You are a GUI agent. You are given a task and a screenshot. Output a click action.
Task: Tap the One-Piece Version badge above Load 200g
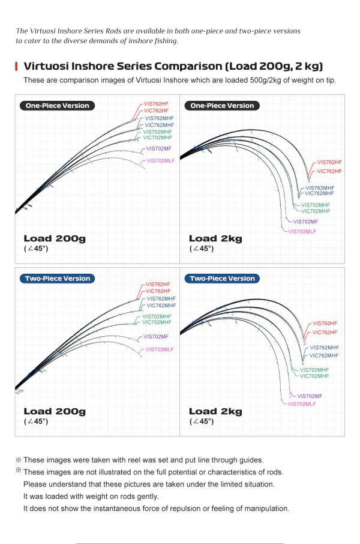[57, 106]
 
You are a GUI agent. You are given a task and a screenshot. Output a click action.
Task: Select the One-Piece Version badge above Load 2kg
[222, 106]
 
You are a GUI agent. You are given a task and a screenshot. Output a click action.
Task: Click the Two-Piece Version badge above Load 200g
[57, 279]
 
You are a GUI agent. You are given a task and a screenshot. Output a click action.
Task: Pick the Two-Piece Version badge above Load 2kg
[222, 279]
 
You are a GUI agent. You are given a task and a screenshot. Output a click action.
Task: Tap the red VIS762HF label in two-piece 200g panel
[158, 284]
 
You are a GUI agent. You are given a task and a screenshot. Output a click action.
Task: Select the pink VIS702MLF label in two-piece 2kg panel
[302, 404]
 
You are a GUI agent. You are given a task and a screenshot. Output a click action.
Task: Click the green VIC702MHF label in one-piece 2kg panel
[315, 211]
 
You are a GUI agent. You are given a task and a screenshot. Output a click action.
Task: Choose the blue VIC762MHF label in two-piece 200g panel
[161, 306]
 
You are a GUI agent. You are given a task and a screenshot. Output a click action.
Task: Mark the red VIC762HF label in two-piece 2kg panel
[325, 332]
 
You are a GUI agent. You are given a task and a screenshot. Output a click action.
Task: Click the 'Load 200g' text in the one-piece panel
[55, 239]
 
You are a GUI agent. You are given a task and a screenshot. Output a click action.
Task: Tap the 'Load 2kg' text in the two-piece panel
[215, 411]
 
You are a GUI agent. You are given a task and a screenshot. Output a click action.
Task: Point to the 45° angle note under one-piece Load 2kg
[202, 249]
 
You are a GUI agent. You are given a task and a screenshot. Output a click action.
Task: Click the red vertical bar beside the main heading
[16, 66]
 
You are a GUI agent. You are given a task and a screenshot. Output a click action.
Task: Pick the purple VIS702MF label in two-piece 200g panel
[156, 336]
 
